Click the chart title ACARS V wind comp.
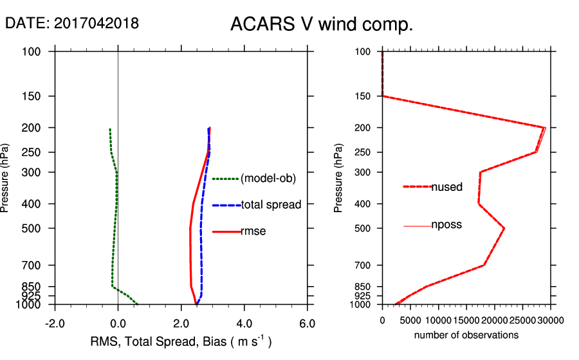[x=321, y=24]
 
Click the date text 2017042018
[x=72, y=23]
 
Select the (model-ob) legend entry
[x=268, y=179]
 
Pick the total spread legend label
[x=271, y=205]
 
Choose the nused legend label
[x=446, y=187]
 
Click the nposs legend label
[x=446, y=225]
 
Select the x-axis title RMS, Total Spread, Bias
[x=179, y=341]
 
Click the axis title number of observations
[x=466, y=335]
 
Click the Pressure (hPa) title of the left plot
[x=6, y=177]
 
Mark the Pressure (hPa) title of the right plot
[x=339, y=177]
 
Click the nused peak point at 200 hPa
[x=546, y=127]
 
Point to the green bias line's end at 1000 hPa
[x=137, y=304]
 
